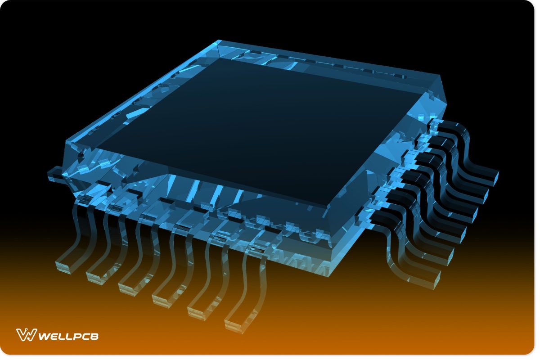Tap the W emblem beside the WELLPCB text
(26, 335)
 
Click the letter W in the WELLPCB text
(44, 336)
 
